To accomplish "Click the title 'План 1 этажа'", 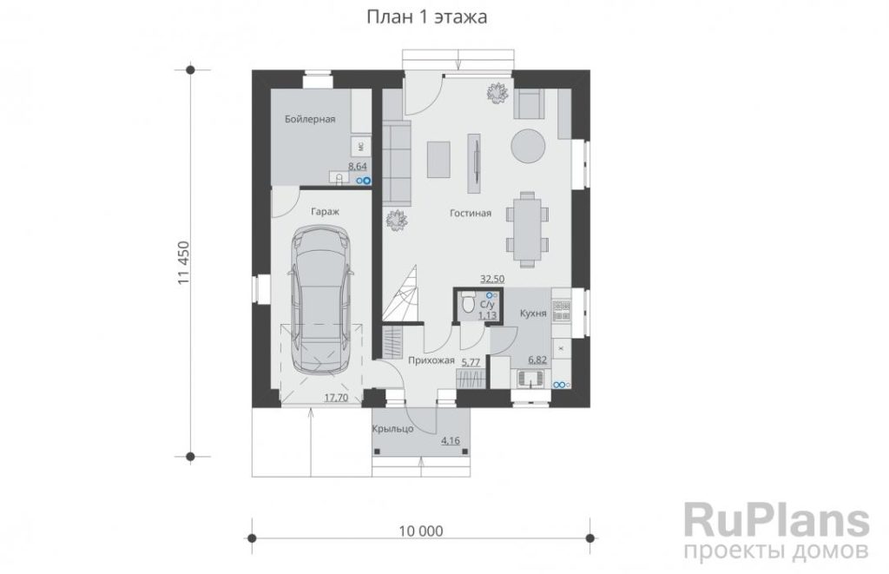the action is pyautogui.click(x=426, y=17).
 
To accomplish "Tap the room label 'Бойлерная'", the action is pyautogui.click(x=310, y=119).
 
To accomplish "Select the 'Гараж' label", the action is pyautogui.click(x=325, y=212).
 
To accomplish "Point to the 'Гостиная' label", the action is pyautogui.click(x=470, y=214).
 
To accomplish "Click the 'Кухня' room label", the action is pyautogui.click(x=533, y=313).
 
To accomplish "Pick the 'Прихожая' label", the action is pyautogui.click(x=431, y=360).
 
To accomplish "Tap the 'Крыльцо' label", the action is pyautogui.click(x=393, y=429).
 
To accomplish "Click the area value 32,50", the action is pyautogui.click(x=492, y=279).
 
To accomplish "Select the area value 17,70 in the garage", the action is pyautogui.click(x=336, y=398).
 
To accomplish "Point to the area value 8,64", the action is pyautogui.click(x=357, y=167).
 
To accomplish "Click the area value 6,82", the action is pyautogui.click(x=537, y=360).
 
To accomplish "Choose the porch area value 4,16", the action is pyautogui.click(x=451, y=440).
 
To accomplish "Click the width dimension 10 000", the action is pyautogui.click(x=421, y=531).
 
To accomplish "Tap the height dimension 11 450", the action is pyautogui.click(x=183, y=262).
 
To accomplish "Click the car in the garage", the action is pyautogui.click(x=321, y=300).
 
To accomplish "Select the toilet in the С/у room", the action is pyautogui.click(x=468, y=303).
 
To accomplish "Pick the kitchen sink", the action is pyautogui.click(x=530, y=379).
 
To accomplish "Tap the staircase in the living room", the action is pyautogui.click(x=401, y=294).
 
